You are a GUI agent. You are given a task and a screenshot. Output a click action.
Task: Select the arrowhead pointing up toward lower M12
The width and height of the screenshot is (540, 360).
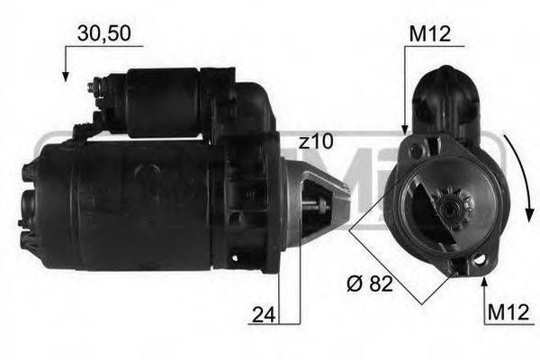coord(484,283)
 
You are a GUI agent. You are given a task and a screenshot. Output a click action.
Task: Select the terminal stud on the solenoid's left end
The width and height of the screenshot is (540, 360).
coord(94,88)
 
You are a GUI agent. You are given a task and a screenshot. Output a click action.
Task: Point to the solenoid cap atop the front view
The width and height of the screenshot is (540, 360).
coord(448,99)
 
